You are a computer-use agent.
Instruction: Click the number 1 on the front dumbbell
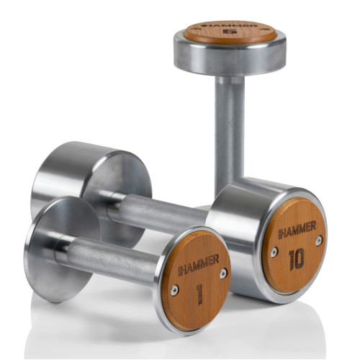199,294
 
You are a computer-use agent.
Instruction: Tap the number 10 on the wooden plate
297,259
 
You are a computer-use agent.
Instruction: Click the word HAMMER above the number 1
198,264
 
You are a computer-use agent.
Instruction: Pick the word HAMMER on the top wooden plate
230,25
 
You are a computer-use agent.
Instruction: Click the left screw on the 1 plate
174,290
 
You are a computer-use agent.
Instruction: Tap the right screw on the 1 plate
223,274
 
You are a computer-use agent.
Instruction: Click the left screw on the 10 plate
274,252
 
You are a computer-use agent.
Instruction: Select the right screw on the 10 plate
319,240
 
